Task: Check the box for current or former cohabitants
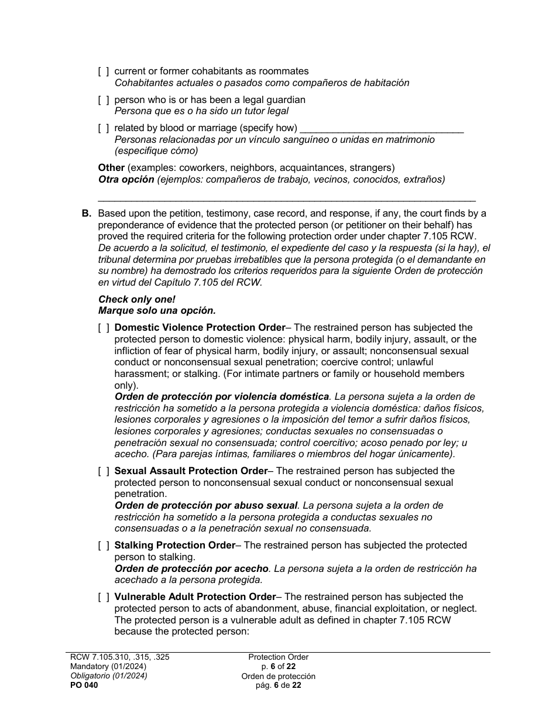click(103, 71)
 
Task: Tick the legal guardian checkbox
click(103, 100)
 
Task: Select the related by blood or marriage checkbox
click(103, 128)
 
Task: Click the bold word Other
click(111, 168)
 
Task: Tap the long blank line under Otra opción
click(287, 199)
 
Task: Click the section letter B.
click(86, 214)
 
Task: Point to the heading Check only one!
click(137, 300)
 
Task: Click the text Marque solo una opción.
click(157, 310)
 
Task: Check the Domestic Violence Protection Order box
click(103, 328)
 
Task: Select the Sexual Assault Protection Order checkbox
click(103, 471)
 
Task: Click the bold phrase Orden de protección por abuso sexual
click(206, 505)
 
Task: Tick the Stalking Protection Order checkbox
click(103, 546)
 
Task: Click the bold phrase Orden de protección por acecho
click(191, 568)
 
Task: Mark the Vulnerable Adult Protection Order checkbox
click(103, 597)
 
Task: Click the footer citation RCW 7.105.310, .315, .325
click(119, 657)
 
